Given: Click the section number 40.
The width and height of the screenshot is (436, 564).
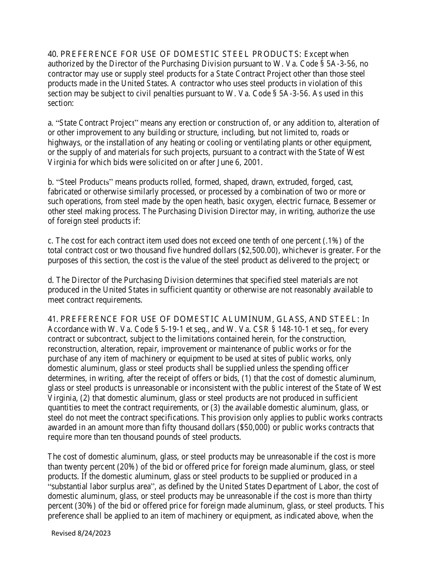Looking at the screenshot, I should tap(52, 54).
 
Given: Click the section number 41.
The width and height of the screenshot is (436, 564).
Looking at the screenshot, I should tap(52, 319).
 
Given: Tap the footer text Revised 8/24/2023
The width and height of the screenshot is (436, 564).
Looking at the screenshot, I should tap(81, 533).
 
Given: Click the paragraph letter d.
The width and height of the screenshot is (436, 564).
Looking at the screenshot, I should tap(50, 280).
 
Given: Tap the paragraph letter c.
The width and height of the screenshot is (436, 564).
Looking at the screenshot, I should tap(50, 241).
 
